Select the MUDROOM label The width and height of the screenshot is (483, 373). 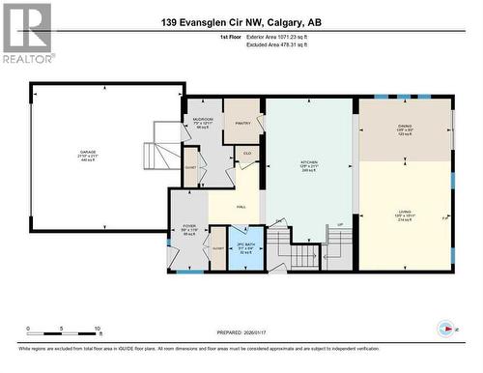[x=201, y=120]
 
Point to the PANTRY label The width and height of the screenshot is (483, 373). [x=242, y=123]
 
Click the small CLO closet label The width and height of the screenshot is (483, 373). [x=247, y=153]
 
